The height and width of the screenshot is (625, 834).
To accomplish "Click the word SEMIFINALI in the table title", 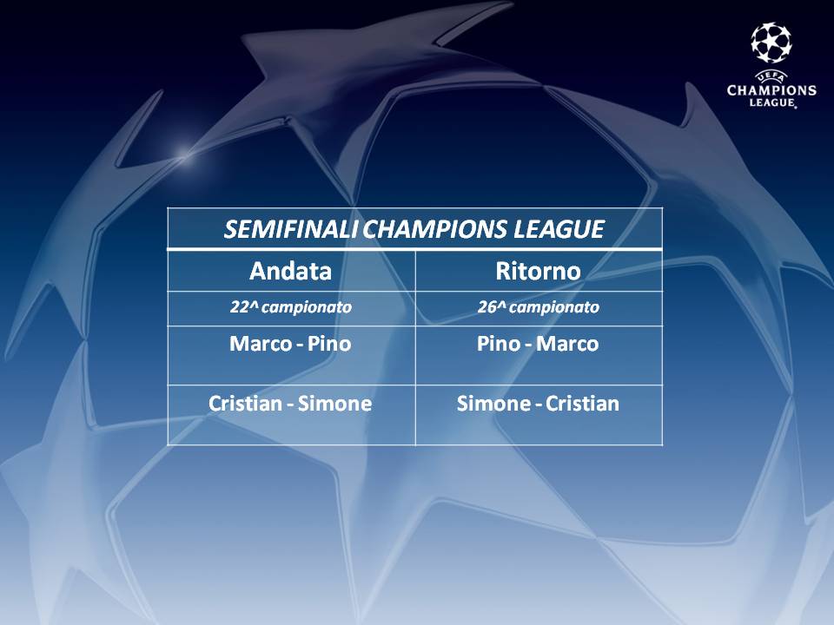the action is coord(294,229).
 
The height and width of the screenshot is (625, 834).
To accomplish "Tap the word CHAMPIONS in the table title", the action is coord(436,229).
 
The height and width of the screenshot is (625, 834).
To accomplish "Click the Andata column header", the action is coord(290,271).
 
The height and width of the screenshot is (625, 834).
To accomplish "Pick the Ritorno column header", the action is coord(539,271).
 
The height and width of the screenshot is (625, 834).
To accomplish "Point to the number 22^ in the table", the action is coord(243,306).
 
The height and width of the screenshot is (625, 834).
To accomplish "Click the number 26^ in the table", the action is coord(491,306).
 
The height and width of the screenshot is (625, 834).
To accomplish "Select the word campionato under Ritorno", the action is coord(554,307).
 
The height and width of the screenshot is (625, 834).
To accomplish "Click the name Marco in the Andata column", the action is coord(261,344).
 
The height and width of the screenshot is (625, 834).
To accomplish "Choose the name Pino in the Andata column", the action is coord(329,344).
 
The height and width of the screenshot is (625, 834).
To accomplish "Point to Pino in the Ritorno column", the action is coord(499,344).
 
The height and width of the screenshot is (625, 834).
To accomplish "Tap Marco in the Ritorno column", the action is coord(567,344).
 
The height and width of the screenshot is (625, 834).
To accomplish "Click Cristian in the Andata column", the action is coord(245,404).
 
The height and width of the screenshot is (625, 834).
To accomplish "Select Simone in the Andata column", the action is coord(334,404).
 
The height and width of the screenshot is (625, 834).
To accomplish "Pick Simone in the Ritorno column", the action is coord(493,404).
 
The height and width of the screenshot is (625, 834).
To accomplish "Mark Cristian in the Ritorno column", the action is coord(582,404).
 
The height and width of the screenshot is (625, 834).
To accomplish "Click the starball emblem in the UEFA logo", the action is coord(771,43).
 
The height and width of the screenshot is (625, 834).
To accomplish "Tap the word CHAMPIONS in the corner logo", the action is coord(771,89).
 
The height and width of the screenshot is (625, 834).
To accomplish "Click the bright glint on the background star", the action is coord(183,155).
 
